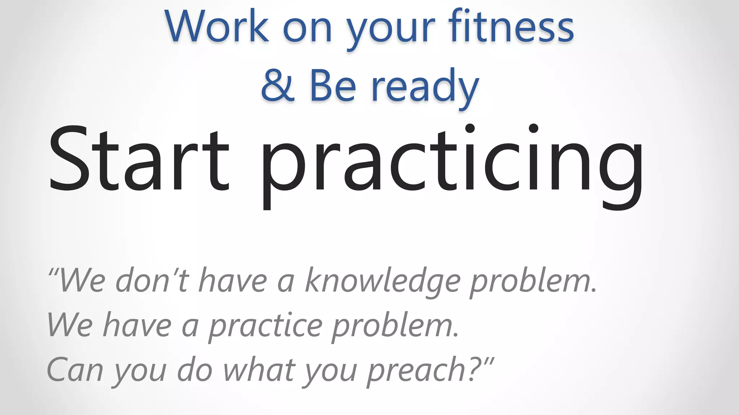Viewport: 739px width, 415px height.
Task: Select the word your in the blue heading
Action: tap(391, 30)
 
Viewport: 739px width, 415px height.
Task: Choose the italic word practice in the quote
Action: tap(266, 326)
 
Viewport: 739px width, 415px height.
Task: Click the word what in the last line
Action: tap(259, 370)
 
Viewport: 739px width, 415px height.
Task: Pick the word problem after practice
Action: tap(395, 326)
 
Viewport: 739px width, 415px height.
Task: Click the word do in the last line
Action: tap(194, 370)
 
